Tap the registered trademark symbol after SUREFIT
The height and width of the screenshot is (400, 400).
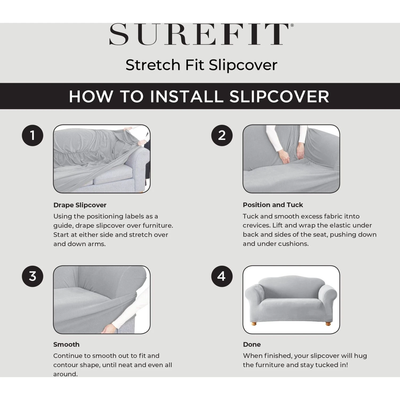point(292,25)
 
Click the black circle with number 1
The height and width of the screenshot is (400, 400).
point(33,135)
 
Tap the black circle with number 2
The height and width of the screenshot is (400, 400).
point(222,135)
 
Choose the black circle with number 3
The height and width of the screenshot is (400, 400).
point(33,276)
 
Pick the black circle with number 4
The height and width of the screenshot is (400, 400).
point(222,276)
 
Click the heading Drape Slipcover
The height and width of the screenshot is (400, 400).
point(80,205)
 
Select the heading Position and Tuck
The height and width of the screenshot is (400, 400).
point(273,205)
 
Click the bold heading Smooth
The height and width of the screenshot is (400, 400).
point(66,344)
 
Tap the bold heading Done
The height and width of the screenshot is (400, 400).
point(252,344)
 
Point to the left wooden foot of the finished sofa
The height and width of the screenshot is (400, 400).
point(254,323)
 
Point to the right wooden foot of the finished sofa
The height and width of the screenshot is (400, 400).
point(328,323)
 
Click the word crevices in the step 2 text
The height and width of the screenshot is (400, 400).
point(256,226)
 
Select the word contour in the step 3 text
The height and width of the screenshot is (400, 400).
point(64,365)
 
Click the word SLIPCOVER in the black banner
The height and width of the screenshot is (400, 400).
point(279,96)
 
